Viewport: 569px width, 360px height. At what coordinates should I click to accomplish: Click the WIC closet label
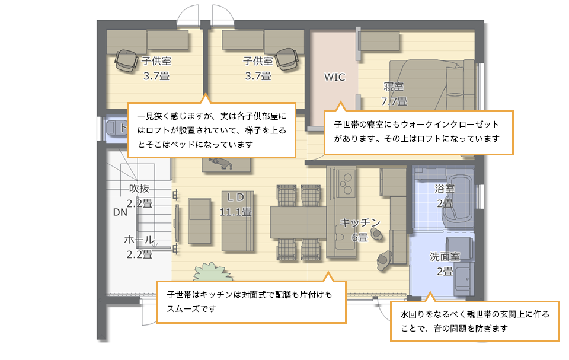point(334,77)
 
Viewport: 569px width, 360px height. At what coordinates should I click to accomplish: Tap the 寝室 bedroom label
point(394,87)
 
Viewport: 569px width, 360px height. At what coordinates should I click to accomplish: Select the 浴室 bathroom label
point(445,189)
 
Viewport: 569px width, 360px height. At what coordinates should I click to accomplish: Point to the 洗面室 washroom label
point(445,256)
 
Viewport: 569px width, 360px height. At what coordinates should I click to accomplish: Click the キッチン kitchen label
point(360,222)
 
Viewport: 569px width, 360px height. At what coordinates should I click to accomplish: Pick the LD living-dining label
point(235,197)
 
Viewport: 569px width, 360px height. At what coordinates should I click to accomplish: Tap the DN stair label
point(120,212)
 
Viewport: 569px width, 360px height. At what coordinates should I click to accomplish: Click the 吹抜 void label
point(139,189)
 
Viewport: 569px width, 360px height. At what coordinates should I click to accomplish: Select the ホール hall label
point(139,240)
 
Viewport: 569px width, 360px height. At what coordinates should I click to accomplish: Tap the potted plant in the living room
point(212,272)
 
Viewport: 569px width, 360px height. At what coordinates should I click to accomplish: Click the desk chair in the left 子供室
point(126,60)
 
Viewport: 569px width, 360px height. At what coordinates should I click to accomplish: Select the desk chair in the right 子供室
point(287,59)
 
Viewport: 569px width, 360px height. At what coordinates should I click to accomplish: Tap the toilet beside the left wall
point(116,128)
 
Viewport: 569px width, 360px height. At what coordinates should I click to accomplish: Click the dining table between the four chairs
point(298,222)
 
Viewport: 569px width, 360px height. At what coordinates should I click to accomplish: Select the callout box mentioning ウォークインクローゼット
point(418,132)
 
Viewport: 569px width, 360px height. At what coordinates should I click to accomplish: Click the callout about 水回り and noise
point(474,321)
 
